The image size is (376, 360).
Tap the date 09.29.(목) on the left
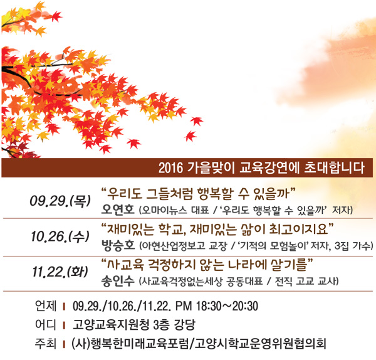point(60,201)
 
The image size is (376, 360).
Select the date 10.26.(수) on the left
point(60,236)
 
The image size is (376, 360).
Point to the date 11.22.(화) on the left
point(60,272)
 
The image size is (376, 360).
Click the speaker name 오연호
point(118,209)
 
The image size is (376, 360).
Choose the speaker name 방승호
point(118,245)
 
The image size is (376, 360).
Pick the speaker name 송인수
point(118,281)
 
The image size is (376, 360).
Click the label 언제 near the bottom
point(46,306)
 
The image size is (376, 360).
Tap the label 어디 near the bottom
point(46,325)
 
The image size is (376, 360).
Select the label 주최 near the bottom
point(46,344)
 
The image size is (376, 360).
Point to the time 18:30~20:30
point(227,306)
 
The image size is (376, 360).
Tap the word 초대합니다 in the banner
point(335,168)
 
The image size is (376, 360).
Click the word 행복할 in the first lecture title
point(216,194)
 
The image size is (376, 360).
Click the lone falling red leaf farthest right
point(197,121)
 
